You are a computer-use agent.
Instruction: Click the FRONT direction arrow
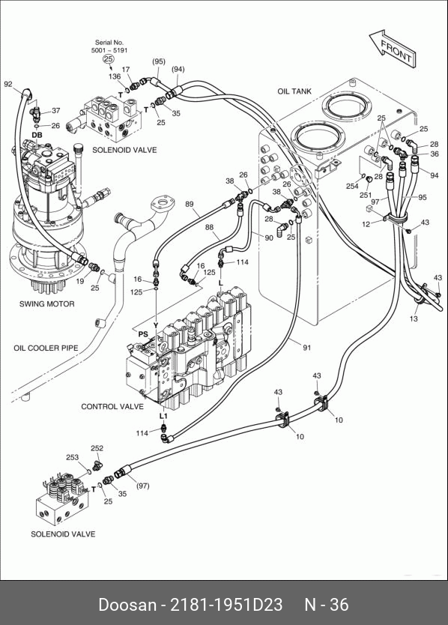393,48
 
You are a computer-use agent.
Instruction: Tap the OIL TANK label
294,91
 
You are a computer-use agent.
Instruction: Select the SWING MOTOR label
47,304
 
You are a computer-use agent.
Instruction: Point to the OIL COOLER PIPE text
46,348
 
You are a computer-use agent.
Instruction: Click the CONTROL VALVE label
112,407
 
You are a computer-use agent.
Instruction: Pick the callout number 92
8,84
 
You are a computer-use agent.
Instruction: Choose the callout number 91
306,348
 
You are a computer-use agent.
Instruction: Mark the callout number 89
190,204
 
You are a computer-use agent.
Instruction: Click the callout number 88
209,227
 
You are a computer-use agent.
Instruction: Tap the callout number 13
414,318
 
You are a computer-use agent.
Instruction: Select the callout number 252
97,448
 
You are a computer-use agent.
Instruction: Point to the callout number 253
72,457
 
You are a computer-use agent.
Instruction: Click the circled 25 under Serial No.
109,59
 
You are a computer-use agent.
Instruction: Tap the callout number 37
55,110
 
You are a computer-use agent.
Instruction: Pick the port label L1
163,416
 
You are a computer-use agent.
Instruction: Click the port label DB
37,135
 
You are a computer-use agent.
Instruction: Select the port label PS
143,334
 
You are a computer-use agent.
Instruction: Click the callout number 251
366,196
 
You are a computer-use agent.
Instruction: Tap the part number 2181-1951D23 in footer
226,604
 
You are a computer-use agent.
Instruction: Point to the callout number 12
366,224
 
